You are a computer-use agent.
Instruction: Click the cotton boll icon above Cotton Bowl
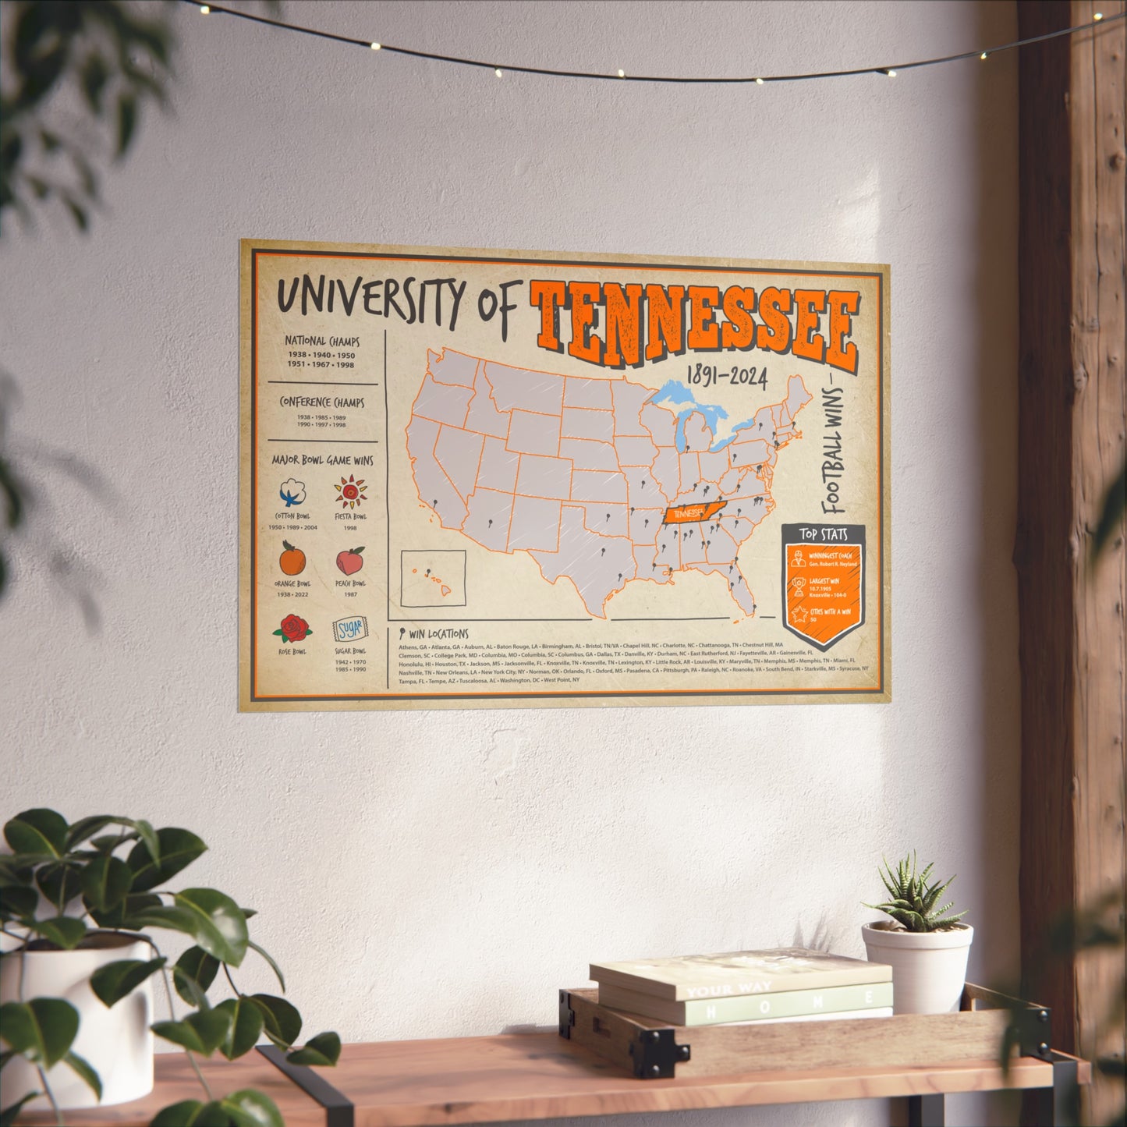point(292,493)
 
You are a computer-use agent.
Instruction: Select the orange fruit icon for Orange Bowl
point(292,559)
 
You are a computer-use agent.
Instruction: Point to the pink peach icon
point(350,560)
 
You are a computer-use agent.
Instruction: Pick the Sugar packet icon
point(348,629)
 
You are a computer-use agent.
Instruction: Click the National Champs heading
point(321,342)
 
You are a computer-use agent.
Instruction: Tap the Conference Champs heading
point(321,402)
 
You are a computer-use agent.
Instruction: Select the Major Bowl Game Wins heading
point(322,460)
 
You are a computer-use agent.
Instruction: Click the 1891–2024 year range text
point(726,378)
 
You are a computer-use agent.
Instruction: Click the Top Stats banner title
point(823,535)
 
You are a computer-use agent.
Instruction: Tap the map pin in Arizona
point(489,523)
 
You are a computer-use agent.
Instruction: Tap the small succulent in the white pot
point(913,897)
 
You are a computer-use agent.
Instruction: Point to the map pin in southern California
point(435,505)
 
